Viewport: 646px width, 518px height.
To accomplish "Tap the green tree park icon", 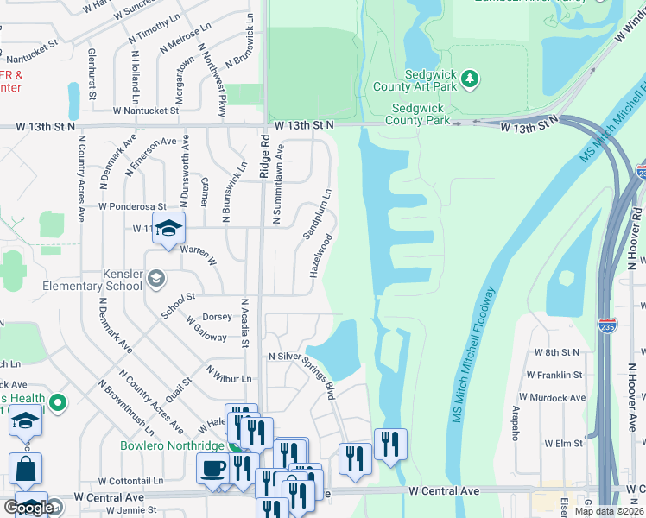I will tap(469, 79).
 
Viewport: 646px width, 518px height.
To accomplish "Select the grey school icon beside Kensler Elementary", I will tap(155, 277).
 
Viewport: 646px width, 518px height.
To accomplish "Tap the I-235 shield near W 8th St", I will tap(606, 327).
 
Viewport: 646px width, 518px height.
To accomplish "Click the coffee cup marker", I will tap(213, 469).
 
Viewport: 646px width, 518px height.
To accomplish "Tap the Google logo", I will tap(28, 508).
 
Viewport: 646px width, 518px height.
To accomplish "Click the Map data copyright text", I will tap(609, 511).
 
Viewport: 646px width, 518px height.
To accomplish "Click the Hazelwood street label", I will tap(320, 256).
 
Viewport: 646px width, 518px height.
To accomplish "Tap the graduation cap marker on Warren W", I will tap(169, 229).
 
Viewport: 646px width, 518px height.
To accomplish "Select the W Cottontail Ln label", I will tap(130, 481).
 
